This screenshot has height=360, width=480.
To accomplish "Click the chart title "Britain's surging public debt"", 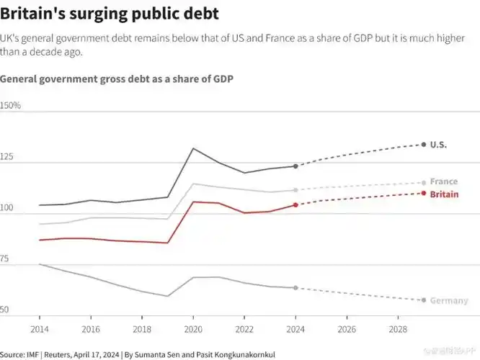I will coord(110,14).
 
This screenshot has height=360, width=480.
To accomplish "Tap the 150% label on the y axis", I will coord(11,106).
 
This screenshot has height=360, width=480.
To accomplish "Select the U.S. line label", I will coord(438,145).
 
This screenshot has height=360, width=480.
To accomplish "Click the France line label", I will coord(443,181).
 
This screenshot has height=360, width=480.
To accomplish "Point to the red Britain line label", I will coord(444,194).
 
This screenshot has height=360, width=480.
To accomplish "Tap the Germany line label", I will coord(448,301).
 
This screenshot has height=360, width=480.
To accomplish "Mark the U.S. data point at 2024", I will coord(295,166).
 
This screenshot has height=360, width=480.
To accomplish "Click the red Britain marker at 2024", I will coord(295,204).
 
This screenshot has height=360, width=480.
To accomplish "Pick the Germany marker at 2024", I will coord(295,288).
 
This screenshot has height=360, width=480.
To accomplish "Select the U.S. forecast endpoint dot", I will coord(423,145).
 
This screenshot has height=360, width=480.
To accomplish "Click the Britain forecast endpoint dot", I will coord(423,193).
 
